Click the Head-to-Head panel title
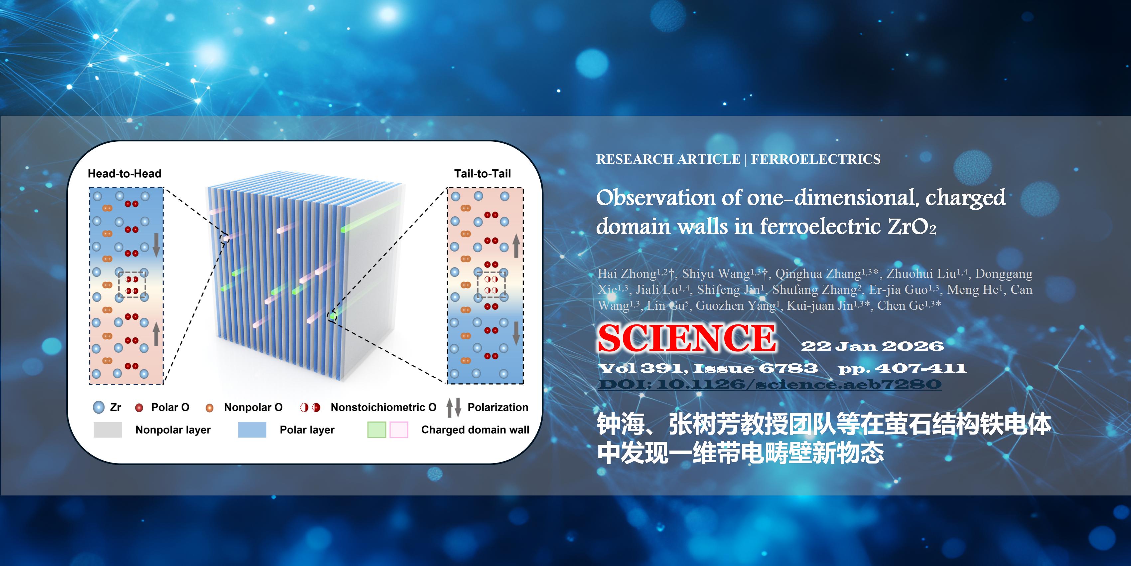tap(125, 174)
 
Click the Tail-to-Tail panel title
tap(483, 174)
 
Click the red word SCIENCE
tap(687, 338)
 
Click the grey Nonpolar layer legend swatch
tap(107, 430)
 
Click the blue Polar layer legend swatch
tap(252, 430)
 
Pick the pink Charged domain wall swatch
tap(399, 430)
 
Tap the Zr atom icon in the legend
tap(99, 407)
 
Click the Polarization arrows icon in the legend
tap(454, 407)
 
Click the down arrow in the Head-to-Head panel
tap(156, 245)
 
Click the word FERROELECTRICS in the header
tap(816, 159)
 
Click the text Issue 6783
tap(756, 368)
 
